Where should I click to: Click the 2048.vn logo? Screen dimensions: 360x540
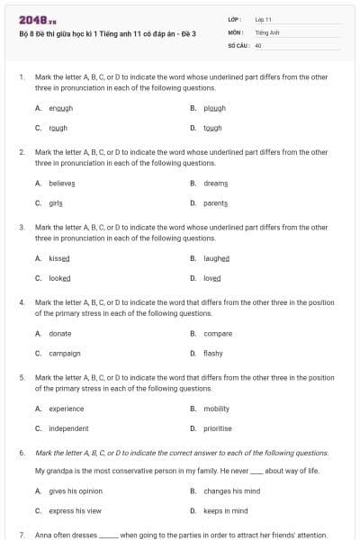tap(32, 19)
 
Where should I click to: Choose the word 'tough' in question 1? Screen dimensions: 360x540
tap(212, 128)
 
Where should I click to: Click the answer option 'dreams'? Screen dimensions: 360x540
tap(216, 183)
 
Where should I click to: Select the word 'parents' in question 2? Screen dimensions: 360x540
tap(216, 202)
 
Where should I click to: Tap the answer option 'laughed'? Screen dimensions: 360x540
tap(217, 258)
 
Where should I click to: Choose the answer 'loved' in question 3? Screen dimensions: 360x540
tap(212, 278)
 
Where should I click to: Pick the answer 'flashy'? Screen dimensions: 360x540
tap(213, 354)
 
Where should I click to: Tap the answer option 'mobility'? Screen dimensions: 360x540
tap(217, 409)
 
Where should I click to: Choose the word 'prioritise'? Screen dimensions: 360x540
tap(219, 428)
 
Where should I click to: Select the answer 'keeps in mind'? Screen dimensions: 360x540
tap(226, 511)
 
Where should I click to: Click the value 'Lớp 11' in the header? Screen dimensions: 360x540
tap(264, 18)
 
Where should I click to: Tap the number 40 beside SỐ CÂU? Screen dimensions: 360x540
tap(258, 44)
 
